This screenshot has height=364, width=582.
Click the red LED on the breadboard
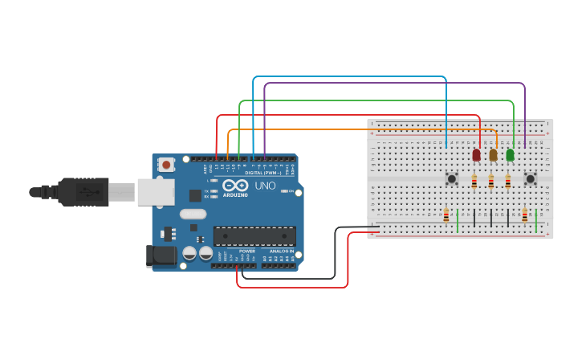[x=476, y=154]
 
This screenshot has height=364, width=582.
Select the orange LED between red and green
[x=493, y=155]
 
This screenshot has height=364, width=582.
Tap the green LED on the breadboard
[x=510, y=154]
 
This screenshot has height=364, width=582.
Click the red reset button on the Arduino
[x=166, y=165]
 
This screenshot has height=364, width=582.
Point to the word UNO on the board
[x=265, y=186]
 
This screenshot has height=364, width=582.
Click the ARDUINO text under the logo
[x=235, y=194]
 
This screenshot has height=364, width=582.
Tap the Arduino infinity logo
[x=235, y=186]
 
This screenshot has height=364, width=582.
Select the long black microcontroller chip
[x=254, y=236]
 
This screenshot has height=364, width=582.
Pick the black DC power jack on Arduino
[x=161, y=256]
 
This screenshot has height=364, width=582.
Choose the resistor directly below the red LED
[x=474, y=182]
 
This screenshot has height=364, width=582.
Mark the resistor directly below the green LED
[x=507, y=182]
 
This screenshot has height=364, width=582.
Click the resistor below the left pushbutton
[x=446, y=215]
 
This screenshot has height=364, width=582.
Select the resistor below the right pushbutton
[x=525, y=215]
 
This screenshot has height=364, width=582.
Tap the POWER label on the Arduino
[x=246, y=251]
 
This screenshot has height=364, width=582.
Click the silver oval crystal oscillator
[x=193, y=214]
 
